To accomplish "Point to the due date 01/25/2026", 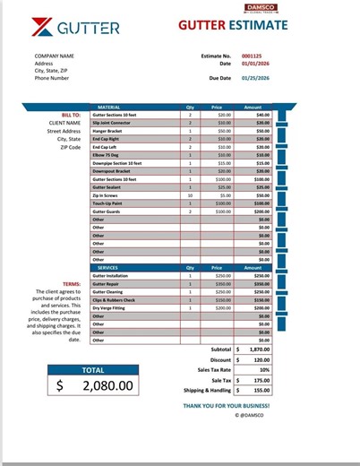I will (x=256, y=78).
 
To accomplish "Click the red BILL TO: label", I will (x=71, y=115).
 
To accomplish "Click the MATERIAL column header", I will (x=108, y=107).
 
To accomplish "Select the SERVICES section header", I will (x=108, y=267).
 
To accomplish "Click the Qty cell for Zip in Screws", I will (x=190, y=194).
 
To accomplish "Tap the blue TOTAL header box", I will (x=93, y=369).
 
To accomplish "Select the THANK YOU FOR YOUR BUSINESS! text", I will (x=226, y=406).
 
